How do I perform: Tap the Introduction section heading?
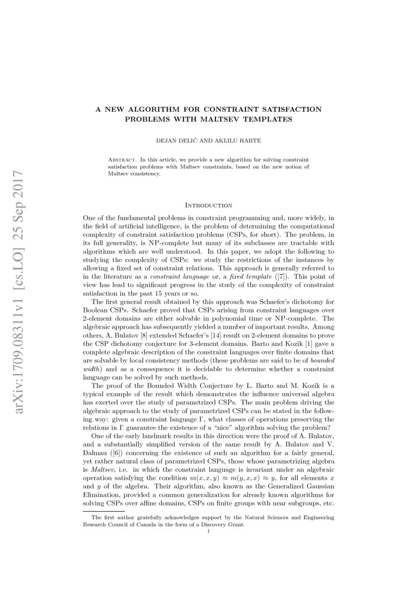tap(209, 206)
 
